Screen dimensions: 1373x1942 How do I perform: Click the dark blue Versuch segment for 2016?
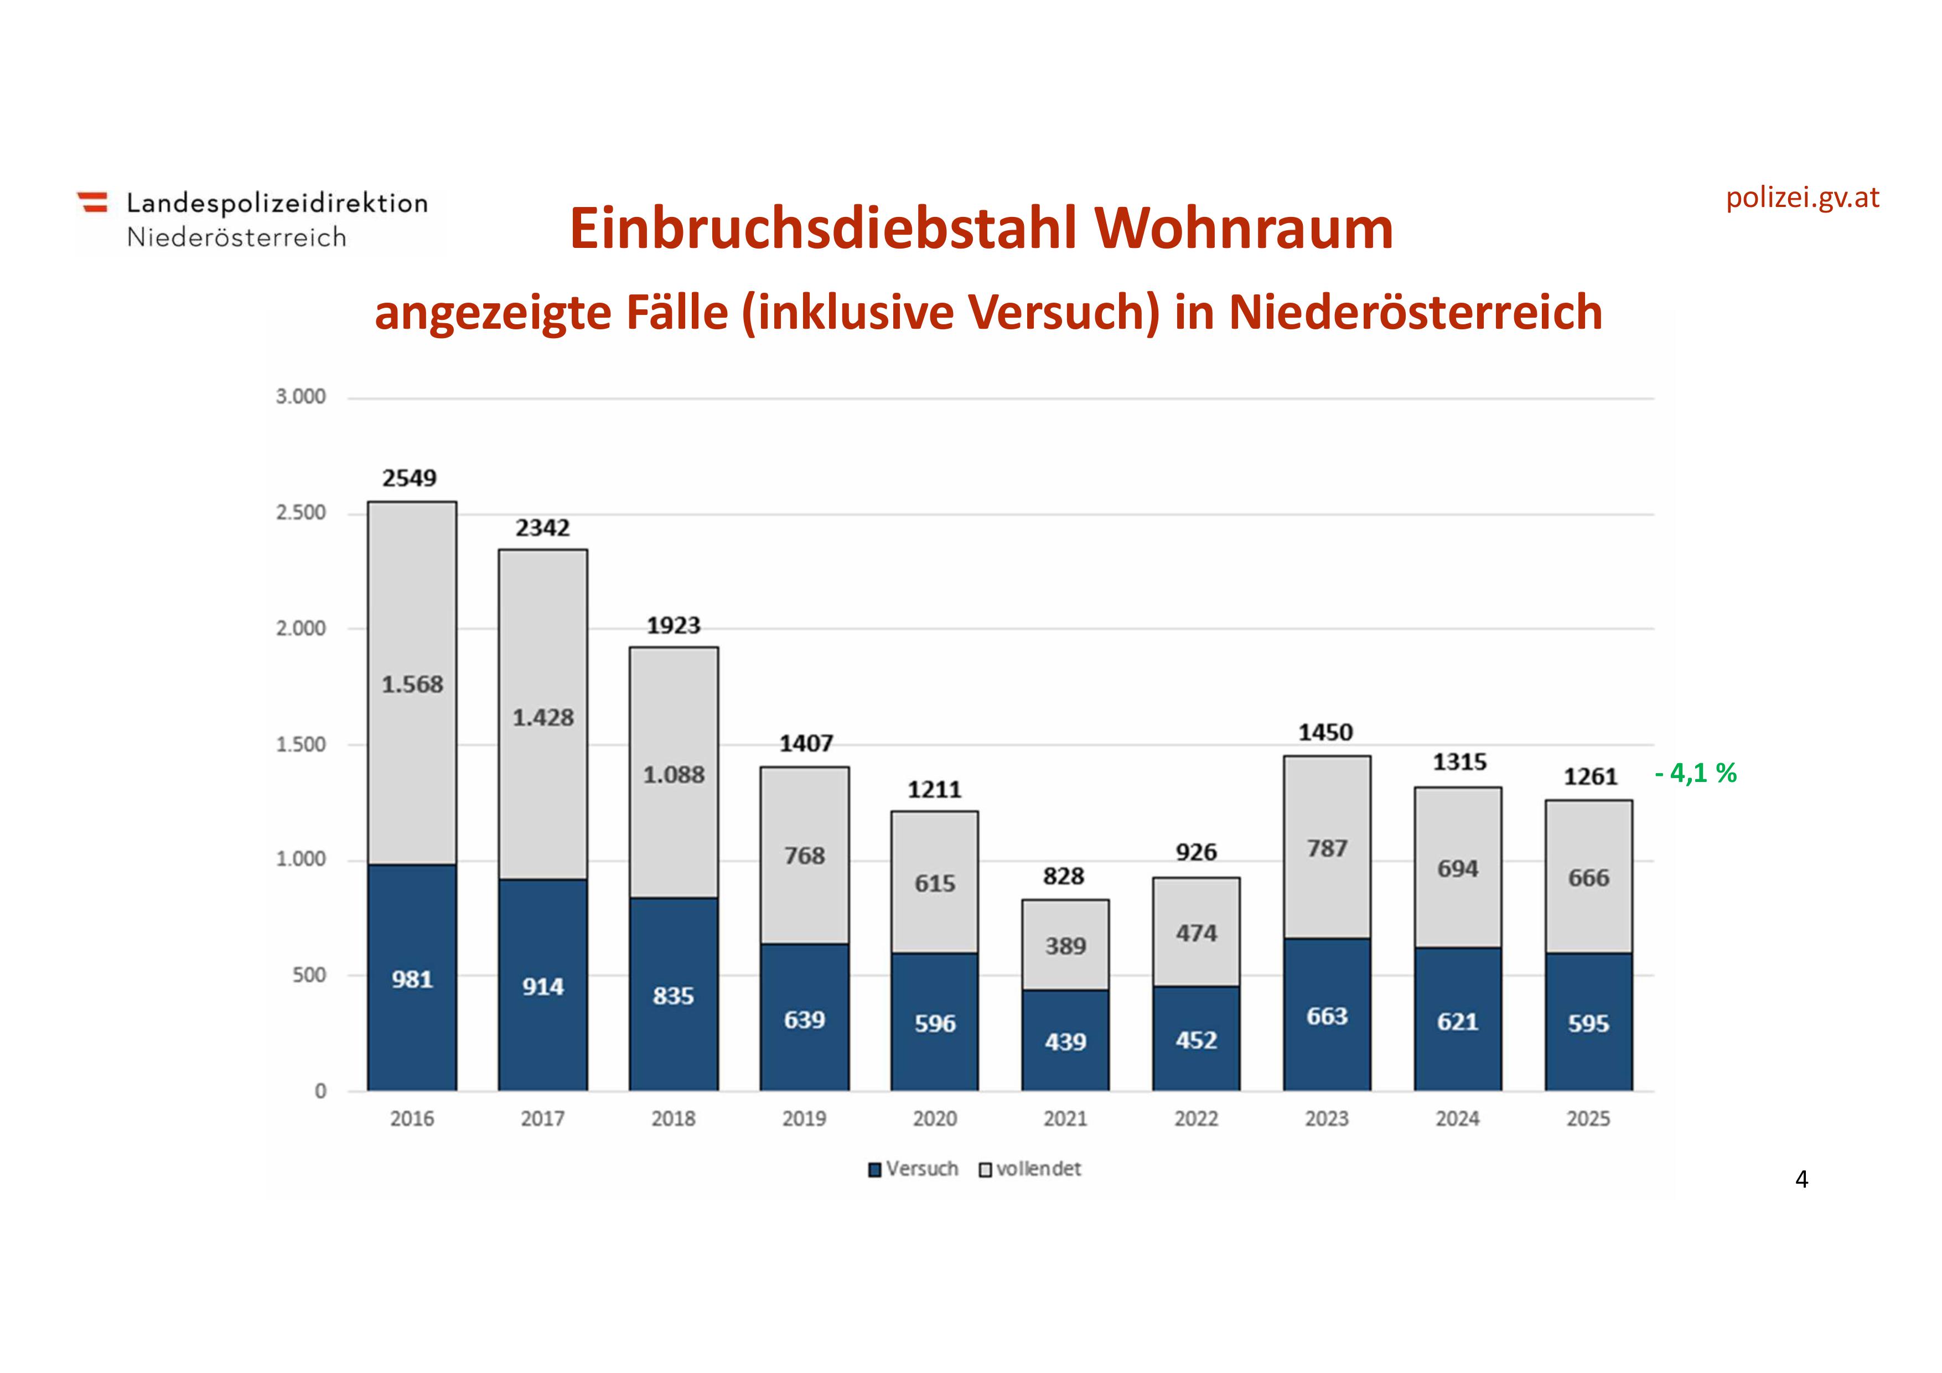click(412, 978)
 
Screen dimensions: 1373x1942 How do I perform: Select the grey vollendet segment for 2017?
click(542, 715)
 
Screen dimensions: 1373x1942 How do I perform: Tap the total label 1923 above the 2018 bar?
click(674, 626)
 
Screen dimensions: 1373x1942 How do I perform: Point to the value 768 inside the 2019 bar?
click(804, 856)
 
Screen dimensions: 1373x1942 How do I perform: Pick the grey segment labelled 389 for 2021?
click(1065, 945)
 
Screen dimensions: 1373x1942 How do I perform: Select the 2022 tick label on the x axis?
click(1196, 1118)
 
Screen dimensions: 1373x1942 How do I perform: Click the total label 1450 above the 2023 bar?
click(1325, 733)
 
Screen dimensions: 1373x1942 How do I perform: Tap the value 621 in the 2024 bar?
click(1457, 1022)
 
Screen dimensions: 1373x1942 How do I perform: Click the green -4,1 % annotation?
click(1695, 773)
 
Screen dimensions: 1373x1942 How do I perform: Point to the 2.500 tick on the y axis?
click(301, 512)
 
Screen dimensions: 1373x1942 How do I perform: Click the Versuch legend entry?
click(914, 1169)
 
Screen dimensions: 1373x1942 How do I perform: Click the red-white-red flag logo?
click(93, 202)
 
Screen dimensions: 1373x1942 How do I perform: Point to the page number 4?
click(1801, 1179)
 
